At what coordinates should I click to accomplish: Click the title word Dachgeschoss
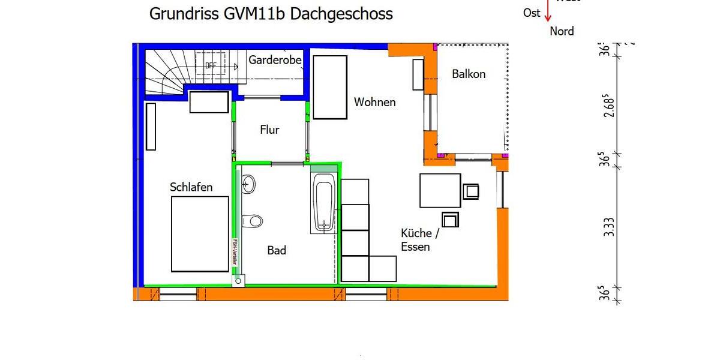click(x=341, y=14)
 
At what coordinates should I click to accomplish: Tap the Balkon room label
click(x=469, y=74)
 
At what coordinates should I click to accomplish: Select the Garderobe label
click(x=275, y=60)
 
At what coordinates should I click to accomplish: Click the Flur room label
click(x=269, y=130)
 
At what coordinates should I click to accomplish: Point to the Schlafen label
click(x=191, y=187)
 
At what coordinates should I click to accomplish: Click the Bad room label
click(x=277, y=250)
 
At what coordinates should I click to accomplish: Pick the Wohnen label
click(x=374, y=102)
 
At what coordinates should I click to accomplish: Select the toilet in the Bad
click(x=253, y=221)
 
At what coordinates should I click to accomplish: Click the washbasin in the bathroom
click(x=248, y=184)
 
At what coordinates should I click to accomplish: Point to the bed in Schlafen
click(x=200, y=234)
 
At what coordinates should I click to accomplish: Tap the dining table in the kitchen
click(x=440, y=190)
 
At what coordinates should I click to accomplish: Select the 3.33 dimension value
click(x=608, y=227)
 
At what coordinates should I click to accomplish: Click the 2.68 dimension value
click(x=608, y=105)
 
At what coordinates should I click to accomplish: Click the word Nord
click(x=562, y=31)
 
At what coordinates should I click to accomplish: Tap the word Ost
click(x=532, y=13)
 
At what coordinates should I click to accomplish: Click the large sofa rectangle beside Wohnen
click(x=331, y=88)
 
